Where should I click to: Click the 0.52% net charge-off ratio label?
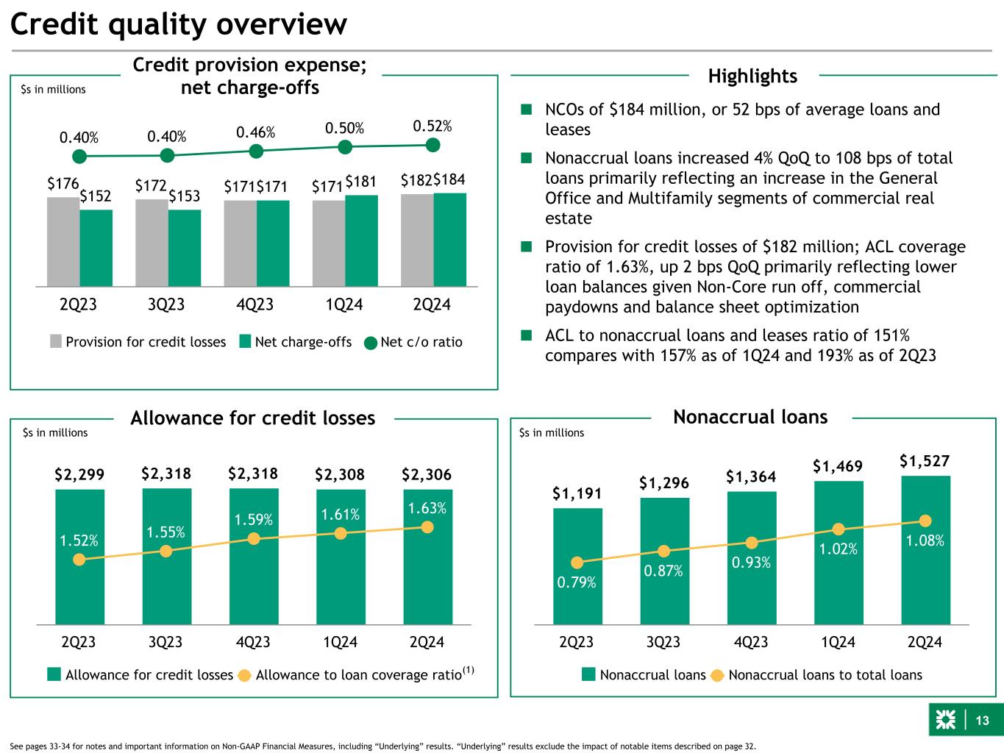click(432, 126)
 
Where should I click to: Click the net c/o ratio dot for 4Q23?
click(256, 151)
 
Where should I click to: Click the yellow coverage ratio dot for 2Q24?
click(427, 527)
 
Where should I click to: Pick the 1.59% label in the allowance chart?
click(254, 520)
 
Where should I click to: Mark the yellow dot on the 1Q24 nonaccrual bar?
click(838, 529)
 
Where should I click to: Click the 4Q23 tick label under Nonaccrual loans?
click(750, 642)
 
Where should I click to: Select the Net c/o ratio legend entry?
click(413, 342)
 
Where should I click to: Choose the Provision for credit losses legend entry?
click(138, 342)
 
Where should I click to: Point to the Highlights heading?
click(752, 76)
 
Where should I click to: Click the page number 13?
click(983, 721)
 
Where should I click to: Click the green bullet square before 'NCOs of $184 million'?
click(526, 110)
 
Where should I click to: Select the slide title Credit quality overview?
click(178, 25)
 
